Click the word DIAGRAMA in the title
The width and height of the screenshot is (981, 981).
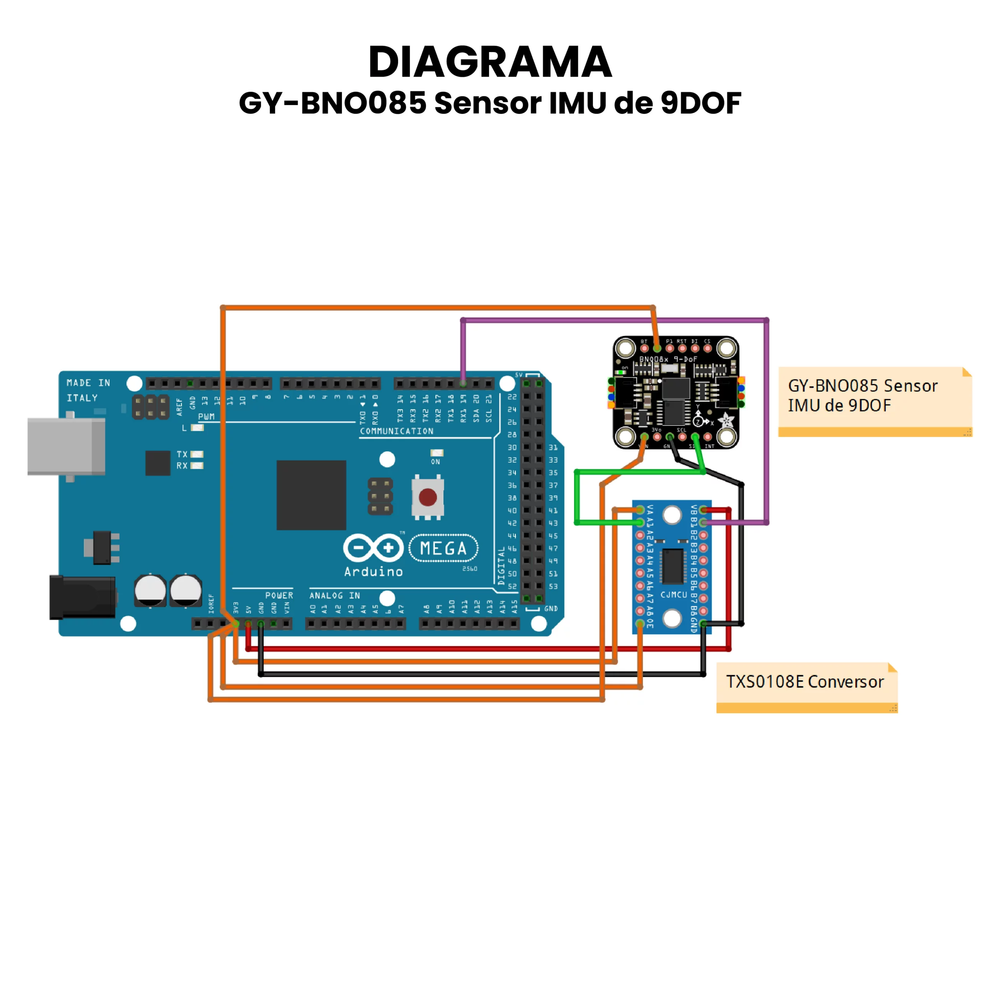(490, 62)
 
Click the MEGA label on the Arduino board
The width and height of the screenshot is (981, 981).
(443, 548)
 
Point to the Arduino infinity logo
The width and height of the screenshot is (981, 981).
(373, 548)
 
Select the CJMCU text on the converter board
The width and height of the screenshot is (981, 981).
(673, 595)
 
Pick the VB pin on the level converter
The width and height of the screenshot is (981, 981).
(703, 510)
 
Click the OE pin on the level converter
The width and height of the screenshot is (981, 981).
(640, 623)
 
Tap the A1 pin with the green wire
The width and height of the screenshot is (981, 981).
(640, 522)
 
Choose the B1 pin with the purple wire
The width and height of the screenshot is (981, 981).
(703, 522)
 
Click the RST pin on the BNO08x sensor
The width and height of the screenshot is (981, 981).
(682, 348)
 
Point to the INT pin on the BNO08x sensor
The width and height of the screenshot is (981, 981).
(707, 437)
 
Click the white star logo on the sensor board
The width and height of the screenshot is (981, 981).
(727, 420)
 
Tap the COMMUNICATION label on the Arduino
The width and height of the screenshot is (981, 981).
(397, 431)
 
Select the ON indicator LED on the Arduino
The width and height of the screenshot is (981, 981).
(437, 453)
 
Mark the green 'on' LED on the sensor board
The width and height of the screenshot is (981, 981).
(620, 372)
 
